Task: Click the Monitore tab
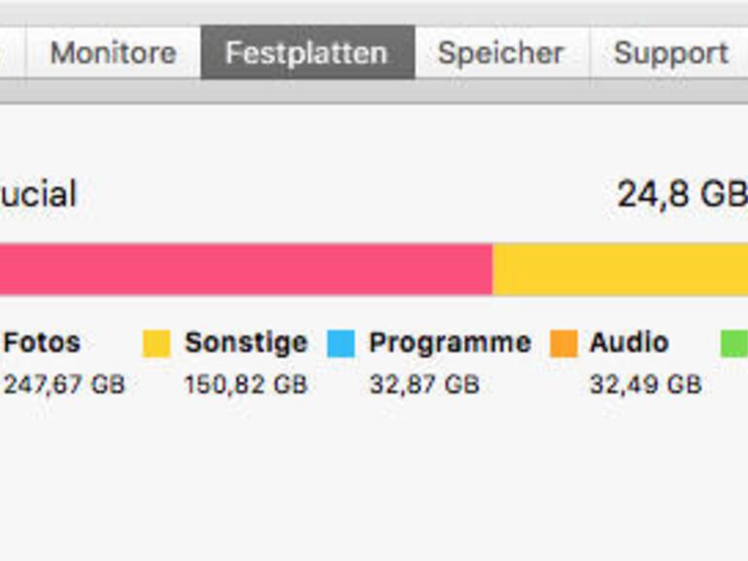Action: [113, 52]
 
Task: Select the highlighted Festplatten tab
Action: [306, 52]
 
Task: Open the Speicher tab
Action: [500, 52]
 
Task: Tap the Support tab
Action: [670, 52]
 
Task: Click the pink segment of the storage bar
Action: [243, 269]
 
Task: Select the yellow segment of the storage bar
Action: [622, 269]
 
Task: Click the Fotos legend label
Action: [42, 343]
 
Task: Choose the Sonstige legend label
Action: [246, 343]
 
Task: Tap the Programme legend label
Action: [450, 343]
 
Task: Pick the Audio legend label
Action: [629, 343]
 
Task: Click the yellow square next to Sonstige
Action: [156, 344]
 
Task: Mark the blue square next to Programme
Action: [341, 344]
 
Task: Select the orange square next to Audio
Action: [563, 344]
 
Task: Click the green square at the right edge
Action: [733, 344]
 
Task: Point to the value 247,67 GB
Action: [64, 384]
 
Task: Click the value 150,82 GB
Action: [246, 384]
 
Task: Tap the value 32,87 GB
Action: [424, 384]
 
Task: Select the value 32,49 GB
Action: [645, 384]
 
